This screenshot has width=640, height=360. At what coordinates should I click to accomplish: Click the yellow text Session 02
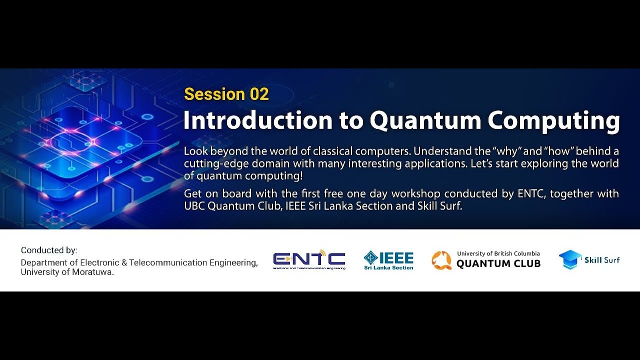click(226, 94)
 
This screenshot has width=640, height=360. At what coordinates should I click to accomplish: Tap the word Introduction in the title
click(257, 120)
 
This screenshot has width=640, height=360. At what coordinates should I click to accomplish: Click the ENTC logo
click(309, 259)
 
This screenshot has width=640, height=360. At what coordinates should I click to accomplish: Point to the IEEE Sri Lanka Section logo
click(388, 260)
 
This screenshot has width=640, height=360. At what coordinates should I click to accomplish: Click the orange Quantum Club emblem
click(441, 260)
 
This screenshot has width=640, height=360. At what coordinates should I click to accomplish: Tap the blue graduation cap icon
click(570, 259)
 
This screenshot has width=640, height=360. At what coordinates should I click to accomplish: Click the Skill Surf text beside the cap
click(602, 260)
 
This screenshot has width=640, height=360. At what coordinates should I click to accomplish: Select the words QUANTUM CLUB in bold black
click(498, 263)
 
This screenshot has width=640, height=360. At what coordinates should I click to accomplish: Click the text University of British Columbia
click(498, 253)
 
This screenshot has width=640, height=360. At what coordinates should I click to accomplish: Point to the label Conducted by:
click(49, 250)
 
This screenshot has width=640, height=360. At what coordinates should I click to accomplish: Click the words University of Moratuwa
click(67, 272)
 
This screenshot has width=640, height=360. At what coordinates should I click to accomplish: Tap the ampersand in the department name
click(124, 262)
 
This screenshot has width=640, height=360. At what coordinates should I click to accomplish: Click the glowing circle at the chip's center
click(72, 141)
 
